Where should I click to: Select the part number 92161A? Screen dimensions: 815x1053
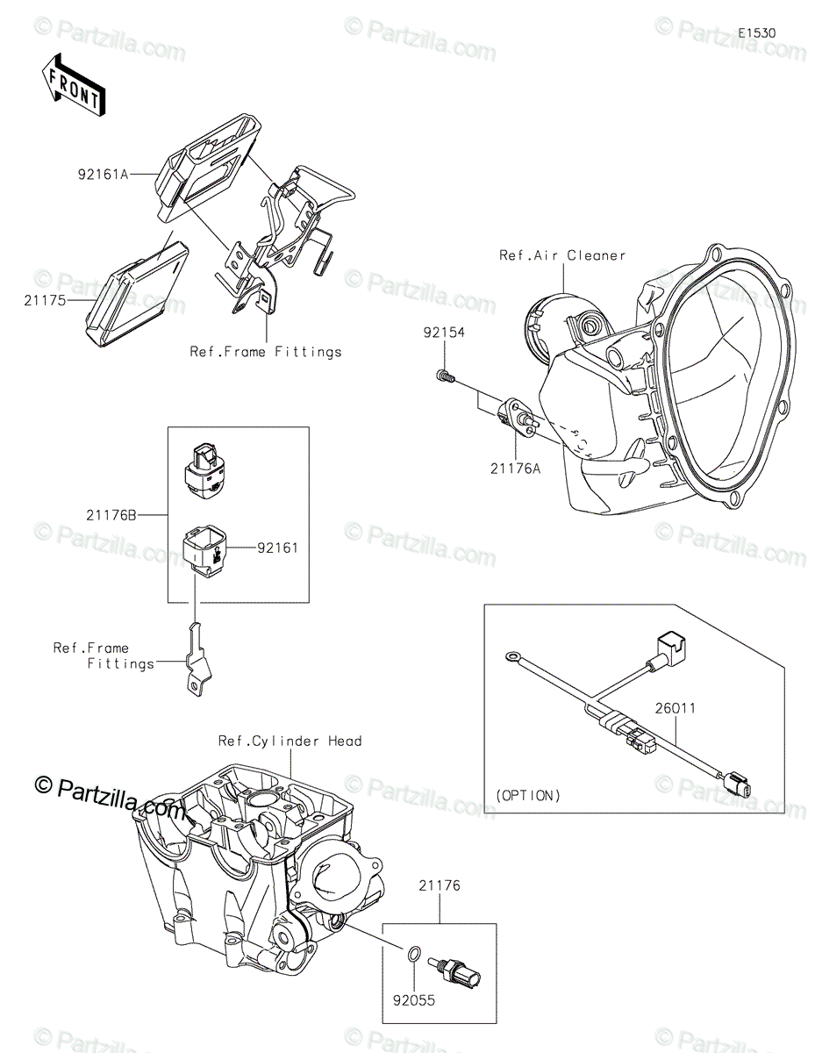104,175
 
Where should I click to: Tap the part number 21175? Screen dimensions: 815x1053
45,301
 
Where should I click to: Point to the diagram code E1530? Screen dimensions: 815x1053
757,33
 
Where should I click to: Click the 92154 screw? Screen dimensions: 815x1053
444,376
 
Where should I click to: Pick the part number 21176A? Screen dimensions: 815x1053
515,469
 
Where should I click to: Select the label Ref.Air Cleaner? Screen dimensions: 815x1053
562,255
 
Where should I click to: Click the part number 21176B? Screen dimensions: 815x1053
111,515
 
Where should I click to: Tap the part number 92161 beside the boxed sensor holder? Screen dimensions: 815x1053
277,548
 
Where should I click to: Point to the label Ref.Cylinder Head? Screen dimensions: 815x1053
290,741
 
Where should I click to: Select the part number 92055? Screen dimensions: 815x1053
414,999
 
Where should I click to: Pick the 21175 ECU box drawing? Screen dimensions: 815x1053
138,295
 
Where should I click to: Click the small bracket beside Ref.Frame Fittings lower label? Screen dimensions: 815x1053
198,661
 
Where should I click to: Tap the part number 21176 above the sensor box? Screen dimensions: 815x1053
440,886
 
